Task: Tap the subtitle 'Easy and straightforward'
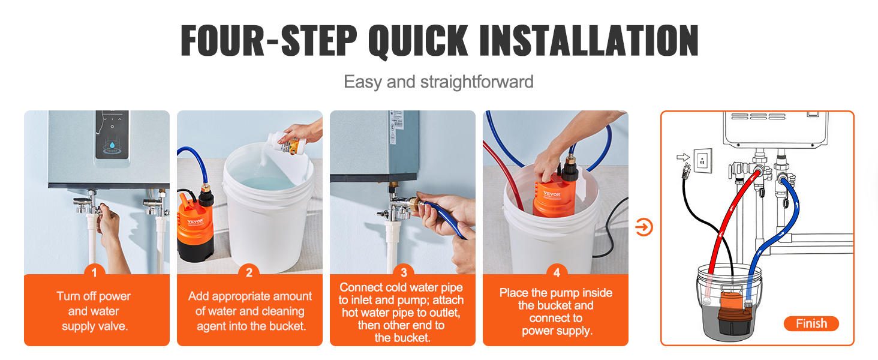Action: coord(438,82)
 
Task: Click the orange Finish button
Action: coord(811,324)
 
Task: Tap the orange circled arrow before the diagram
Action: coord(644,227)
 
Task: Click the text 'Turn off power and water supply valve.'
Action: coord(94,311)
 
